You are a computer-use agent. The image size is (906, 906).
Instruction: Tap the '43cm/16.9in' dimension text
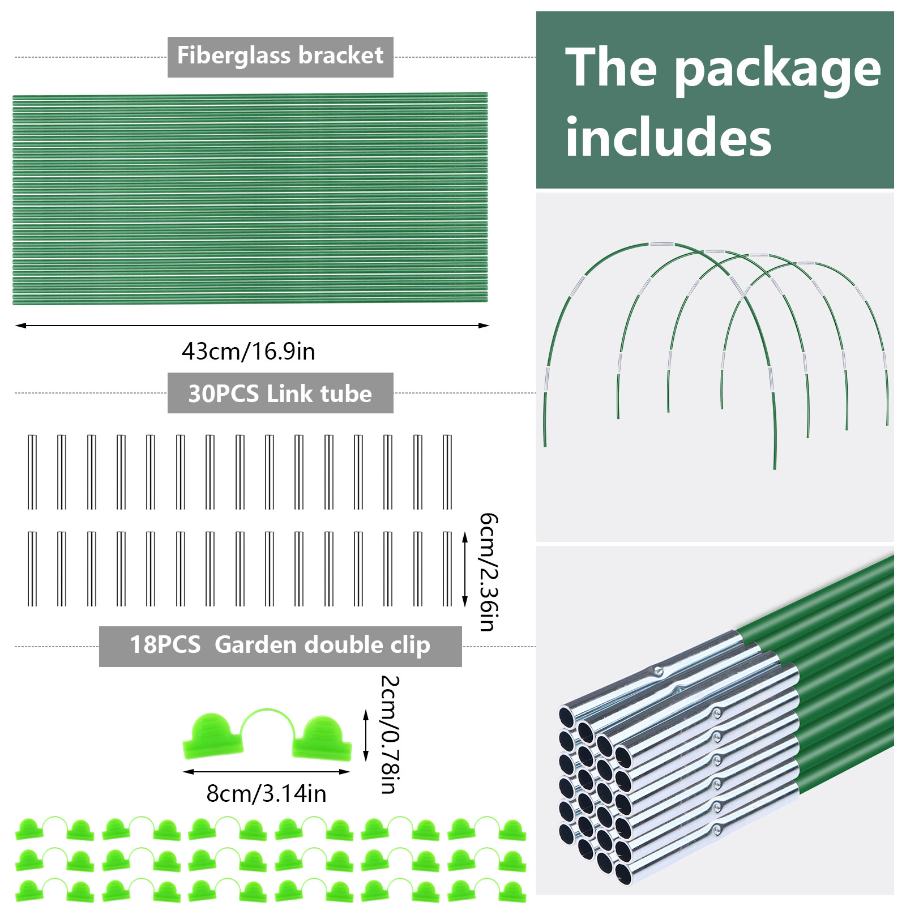point(248,352)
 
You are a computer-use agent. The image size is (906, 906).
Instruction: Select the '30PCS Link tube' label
point(280,394)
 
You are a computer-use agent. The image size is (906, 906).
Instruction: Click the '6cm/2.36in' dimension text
point(488,572)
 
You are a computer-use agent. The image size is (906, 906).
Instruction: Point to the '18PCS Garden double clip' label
point(280,646)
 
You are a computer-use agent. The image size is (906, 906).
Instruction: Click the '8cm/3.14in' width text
point(266,794)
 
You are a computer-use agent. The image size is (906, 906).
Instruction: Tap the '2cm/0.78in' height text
point(390,734)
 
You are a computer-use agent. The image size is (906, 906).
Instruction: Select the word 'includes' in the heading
point(668,138)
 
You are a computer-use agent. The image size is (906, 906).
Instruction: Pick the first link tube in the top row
point(32,472)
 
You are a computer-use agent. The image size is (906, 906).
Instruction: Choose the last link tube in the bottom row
point(447,569)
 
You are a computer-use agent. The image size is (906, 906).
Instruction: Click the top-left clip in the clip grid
point(54,829)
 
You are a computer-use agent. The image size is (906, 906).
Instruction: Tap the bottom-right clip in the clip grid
point(487,891)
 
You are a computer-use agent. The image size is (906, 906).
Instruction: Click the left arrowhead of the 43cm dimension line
point(20,326)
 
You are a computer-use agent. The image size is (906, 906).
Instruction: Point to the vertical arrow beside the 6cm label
point(465,569)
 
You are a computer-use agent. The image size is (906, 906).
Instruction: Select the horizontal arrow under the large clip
point(266,772)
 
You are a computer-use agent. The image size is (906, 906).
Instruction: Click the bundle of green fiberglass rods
point(249,198)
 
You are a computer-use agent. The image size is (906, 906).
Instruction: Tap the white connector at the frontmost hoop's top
point(661,245)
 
